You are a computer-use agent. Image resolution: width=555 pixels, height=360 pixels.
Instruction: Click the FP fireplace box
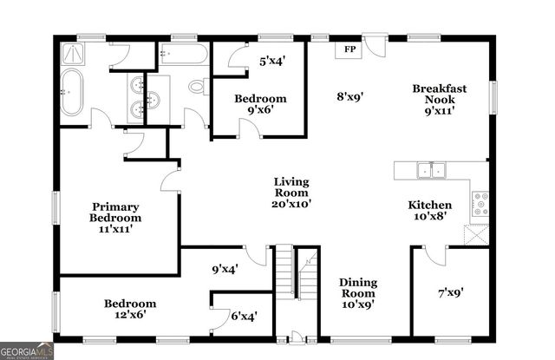tap(349, 49)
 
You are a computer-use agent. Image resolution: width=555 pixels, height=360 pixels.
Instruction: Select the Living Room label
tap(292, 193)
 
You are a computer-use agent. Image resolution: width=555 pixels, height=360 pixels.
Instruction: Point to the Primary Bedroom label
tap(117, 217)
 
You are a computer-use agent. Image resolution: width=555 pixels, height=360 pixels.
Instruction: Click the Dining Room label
tap(357, 293)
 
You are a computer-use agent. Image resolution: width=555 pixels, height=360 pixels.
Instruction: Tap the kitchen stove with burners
tap(479, 204)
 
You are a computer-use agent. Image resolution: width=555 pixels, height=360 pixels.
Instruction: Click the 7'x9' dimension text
tap(449, 292)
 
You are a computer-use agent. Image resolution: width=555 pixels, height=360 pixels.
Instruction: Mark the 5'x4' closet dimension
tap(272, 61)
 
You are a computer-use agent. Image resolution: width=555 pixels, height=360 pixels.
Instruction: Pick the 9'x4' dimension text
tap(225, 269)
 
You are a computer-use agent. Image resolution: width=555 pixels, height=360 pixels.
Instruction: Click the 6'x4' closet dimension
tap(243, 317)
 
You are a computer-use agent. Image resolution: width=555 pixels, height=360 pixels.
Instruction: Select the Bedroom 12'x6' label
tap(130, 309)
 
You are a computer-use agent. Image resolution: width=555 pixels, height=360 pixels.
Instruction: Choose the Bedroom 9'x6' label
tap(260, 105)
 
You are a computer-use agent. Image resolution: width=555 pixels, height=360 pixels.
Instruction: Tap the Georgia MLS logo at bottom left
tap(28, 350)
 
